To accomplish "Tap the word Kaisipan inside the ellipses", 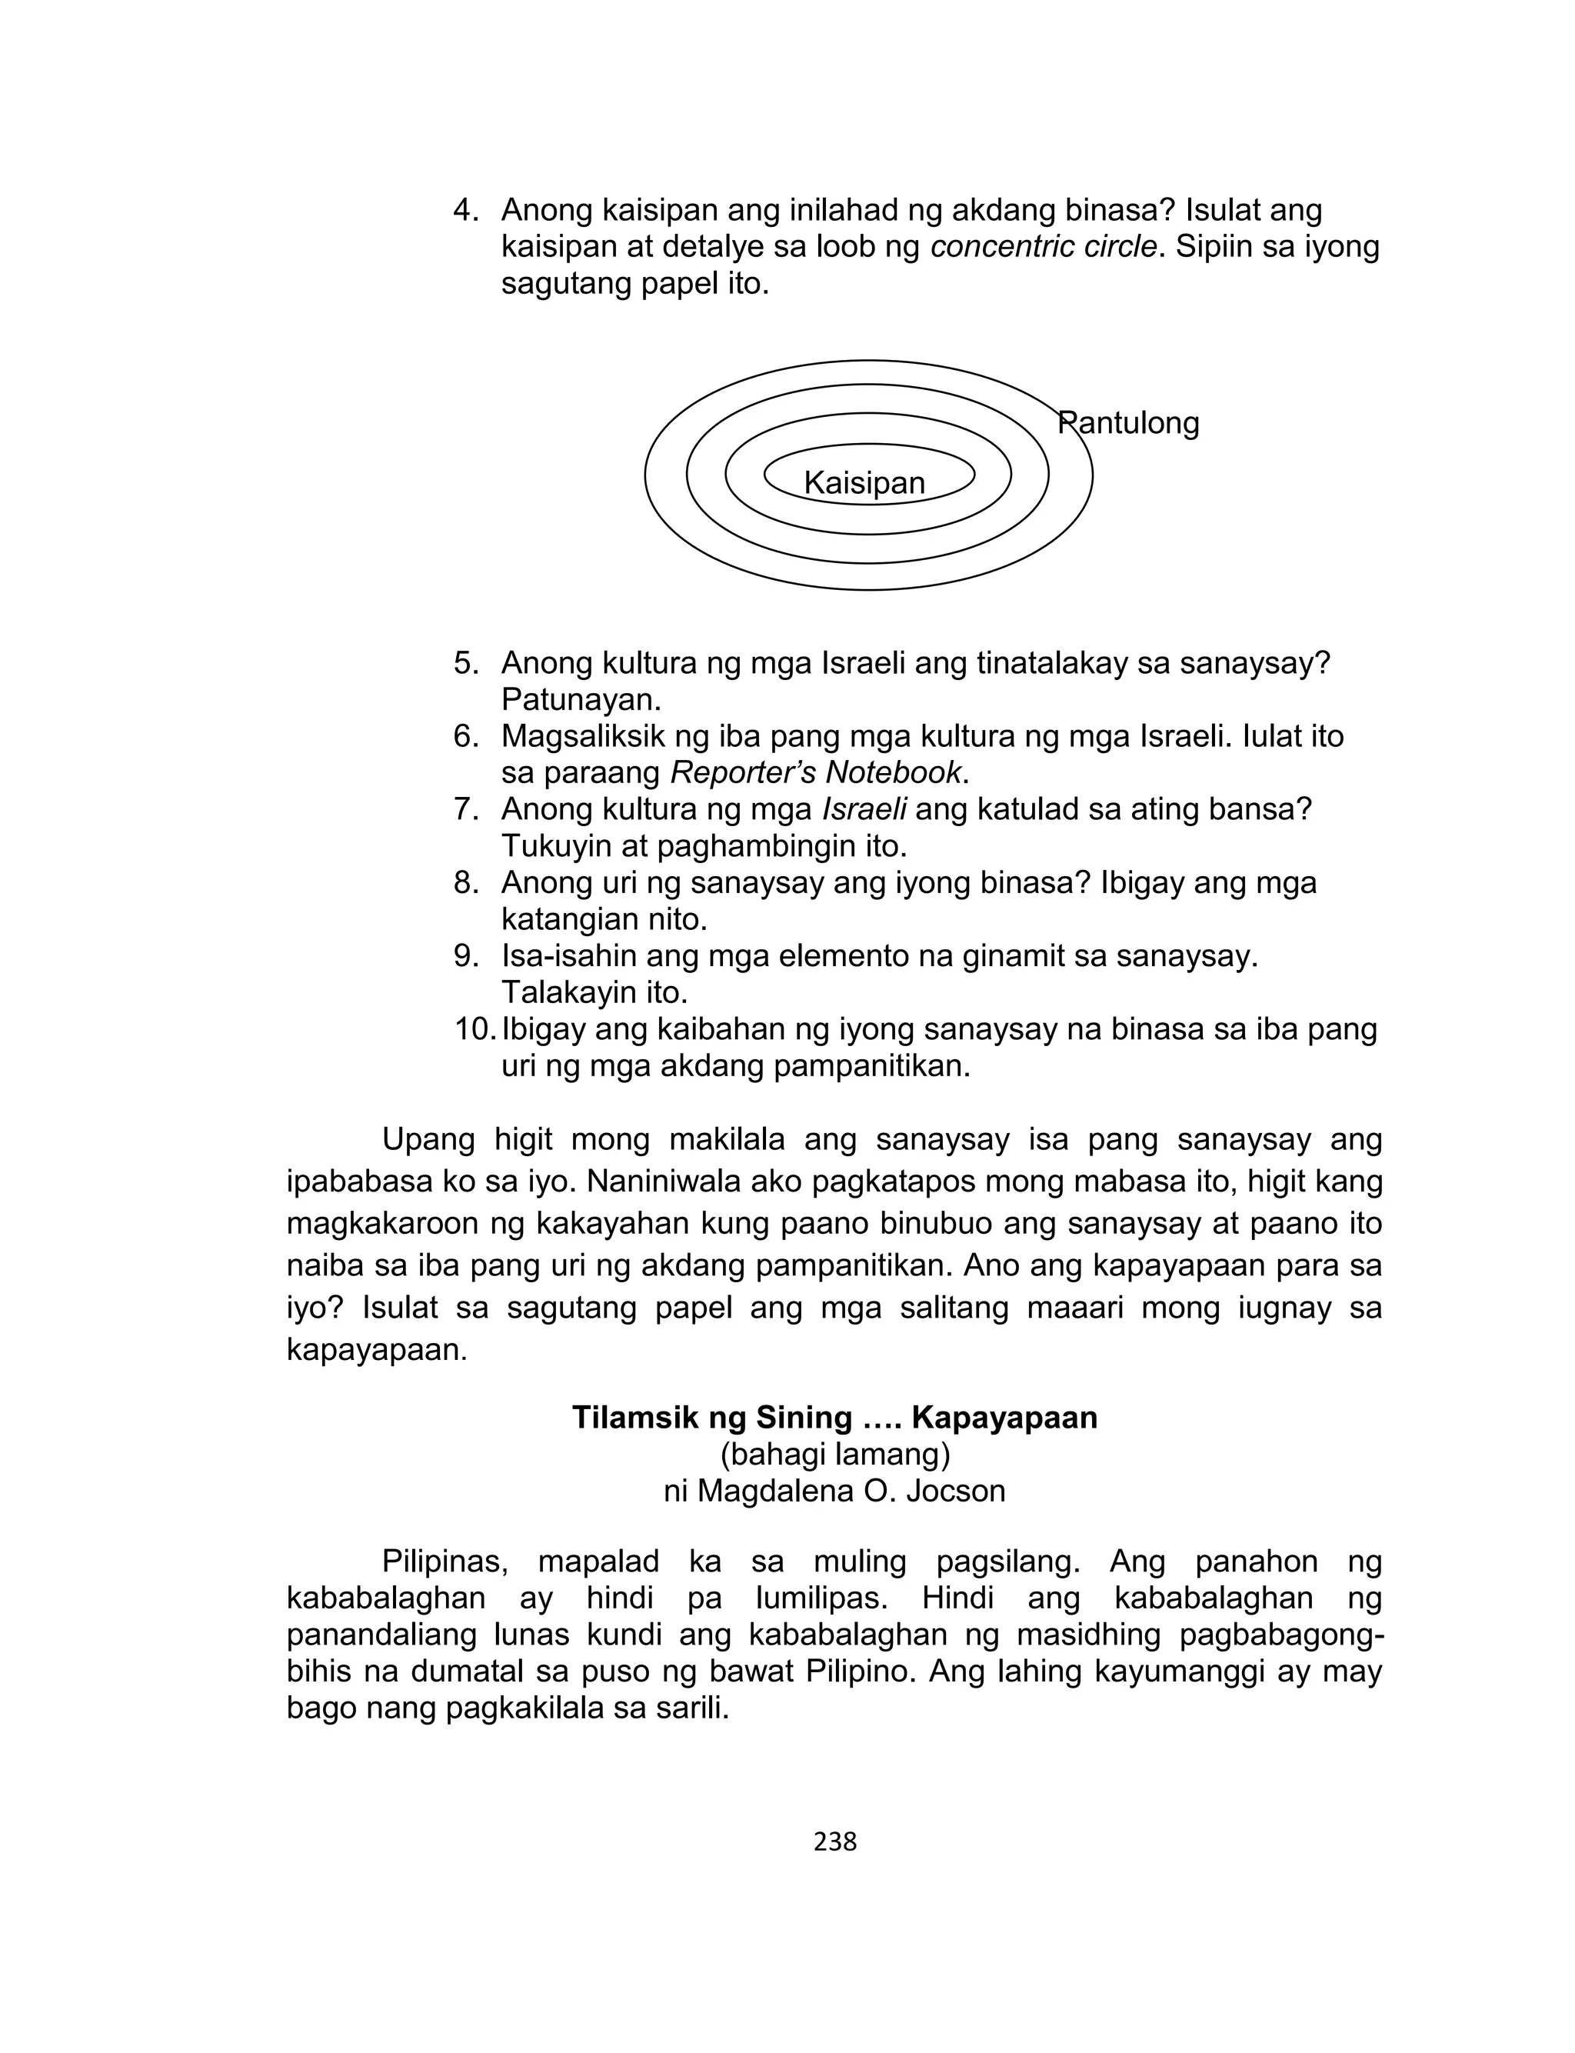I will pos(864,483).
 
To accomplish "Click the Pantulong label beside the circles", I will pos(1128,423).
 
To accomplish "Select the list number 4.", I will pos(465,210).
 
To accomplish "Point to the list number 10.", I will pos(474,1029).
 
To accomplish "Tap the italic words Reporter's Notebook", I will pos(817,772).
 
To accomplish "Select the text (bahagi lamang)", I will pos(834,1454).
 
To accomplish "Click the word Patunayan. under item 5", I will pos(581,699).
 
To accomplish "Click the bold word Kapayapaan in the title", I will pos(1004,1418).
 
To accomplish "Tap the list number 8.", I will pos(465,882).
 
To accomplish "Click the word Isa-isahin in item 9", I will pos(572,956).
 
